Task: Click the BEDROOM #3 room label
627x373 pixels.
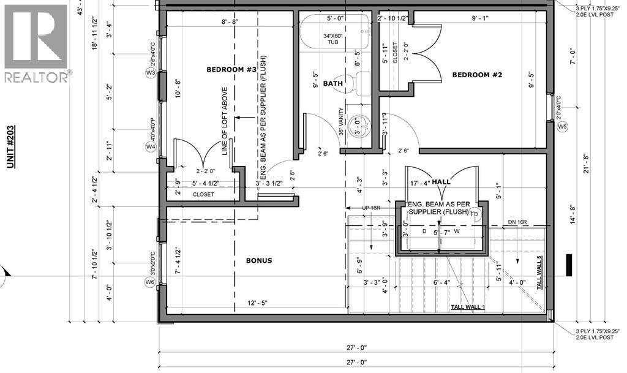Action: (x=231, y=70)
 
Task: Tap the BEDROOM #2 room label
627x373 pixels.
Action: (x=477, y=75)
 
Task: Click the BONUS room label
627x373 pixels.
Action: (x=259, y=260)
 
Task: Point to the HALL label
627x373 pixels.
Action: (x=440, y=183)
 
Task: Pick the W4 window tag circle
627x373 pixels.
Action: (x=151, y=147)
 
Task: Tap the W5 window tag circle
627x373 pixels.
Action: (x=563, y=126)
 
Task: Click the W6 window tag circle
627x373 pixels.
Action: (x=151, y=282)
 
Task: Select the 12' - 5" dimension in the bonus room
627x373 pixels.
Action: (x=258, y=303)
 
